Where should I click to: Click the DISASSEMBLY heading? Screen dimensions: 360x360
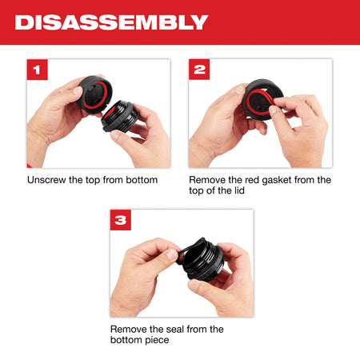point(111,22)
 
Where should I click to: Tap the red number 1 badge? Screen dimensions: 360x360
point(38,70)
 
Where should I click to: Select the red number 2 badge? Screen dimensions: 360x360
point(199,70)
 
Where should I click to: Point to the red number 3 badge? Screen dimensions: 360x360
point(121,220)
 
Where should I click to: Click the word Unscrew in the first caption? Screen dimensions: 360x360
point(46,180)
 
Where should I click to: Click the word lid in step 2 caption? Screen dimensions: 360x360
point(239,190)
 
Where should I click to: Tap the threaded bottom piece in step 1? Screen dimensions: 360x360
point(120,115)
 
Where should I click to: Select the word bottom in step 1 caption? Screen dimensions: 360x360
point(142,180)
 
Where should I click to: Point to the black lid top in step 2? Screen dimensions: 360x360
point(263,99)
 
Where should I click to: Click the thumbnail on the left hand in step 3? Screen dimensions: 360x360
point(172,254)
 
